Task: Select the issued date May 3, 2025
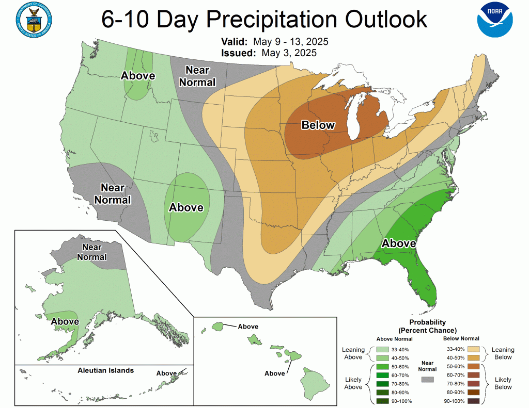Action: (x=289, y=53)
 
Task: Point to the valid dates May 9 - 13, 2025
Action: (x=295, y=42)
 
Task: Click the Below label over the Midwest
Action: (x=318, y=125)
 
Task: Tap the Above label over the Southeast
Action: (x=399, y=243)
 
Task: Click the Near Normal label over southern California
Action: (x=116, y=193)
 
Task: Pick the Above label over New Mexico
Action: (x=186, y=207)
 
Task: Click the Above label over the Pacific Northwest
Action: (x=138, y=76)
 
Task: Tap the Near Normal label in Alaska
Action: (x=91, y=252)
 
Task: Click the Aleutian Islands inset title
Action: (x=105, y=370)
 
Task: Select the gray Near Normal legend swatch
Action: (x=427, y=379)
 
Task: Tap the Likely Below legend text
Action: (x=503, y=383)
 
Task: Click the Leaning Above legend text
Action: (x=353, y=353)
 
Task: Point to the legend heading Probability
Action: (x=427, y=322)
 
